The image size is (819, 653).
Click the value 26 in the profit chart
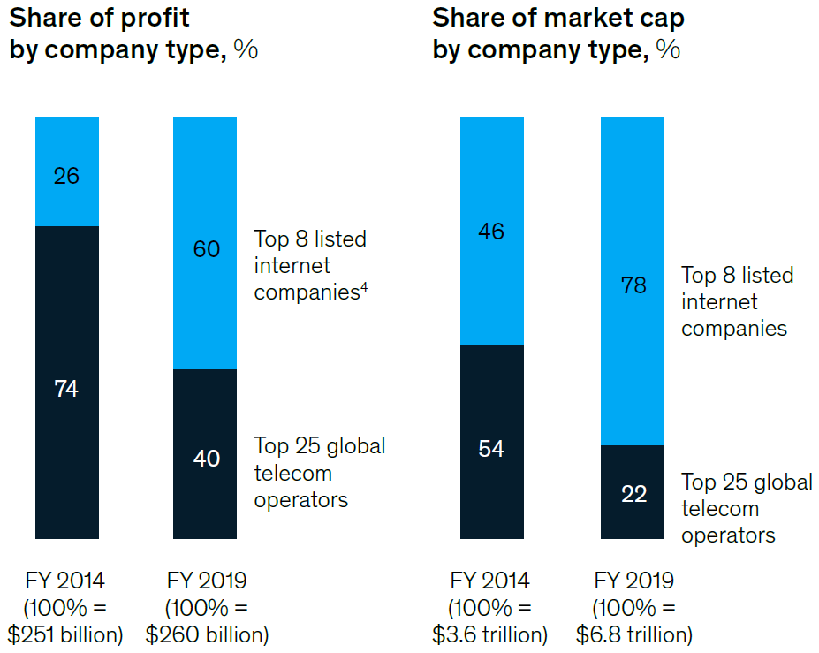(x=66, y=176)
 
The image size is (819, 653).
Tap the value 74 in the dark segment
(x=66, y=388)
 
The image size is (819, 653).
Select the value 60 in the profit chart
(x=207, y=249)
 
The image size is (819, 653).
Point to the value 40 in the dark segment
(x=207, y=459)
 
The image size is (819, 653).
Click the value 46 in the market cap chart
(x=491, y=232)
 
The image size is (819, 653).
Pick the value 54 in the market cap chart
(x=491, y=449)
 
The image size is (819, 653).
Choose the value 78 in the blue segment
(x=633, y=285)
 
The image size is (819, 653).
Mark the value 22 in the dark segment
(x=633, y=494)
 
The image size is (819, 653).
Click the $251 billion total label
(x=65, y=634)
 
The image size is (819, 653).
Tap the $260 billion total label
(x=207, y=634)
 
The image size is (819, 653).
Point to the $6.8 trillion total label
(x=633, y=634)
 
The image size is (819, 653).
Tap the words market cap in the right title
(x=618, y=18)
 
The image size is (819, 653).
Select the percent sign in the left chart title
(x=246, y=49)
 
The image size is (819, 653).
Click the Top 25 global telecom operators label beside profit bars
(x=319, y=473)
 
